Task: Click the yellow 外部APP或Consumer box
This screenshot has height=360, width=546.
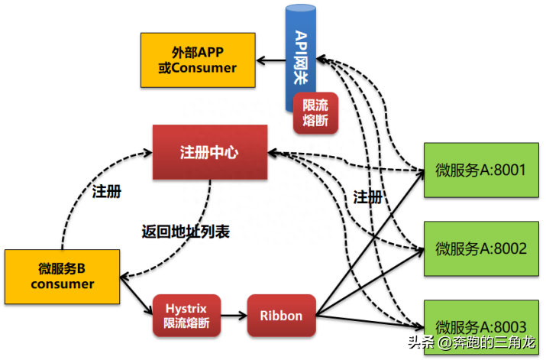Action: coord(198,60)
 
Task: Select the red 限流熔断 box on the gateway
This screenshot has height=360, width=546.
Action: coord(315,113)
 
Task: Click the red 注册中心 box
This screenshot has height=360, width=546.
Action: coord(210,152)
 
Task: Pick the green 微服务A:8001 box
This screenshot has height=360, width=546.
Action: coord(481,170)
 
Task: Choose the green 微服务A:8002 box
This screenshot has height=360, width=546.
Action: coord(481,248)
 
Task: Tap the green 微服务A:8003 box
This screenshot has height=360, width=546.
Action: coord(481,327)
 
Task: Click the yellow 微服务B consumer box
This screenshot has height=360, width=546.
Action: coord(63,277)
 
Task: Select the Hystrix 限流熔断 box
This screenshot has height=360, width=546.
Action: coord(186,316)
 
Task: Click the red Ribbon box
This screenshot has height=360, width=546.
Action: coord(281,316)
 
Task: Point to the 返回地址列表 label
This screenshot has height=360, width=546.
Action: coord(186,232)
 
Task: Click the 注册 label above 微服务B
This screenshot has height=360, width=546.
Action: coord(107,192)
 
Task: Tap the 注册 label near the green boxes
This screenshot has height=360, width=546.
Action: coord(368,197)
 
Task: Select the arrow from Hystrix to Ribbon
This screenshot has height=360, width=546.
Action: coord(234,316)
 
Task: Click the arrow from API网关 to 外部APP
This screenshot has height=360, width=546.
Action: coord(271,60)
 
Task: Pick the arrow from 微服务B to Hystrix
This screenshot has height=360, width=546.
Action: coord(137,296)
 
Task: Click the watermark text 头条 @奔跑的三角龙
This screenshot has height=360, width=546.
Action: coord(472,342)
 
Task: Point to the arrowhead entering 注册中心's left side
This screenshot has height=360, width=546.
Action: coord(148,152)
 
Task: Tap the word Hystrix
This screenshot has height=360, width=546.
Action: coord(186,309)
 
